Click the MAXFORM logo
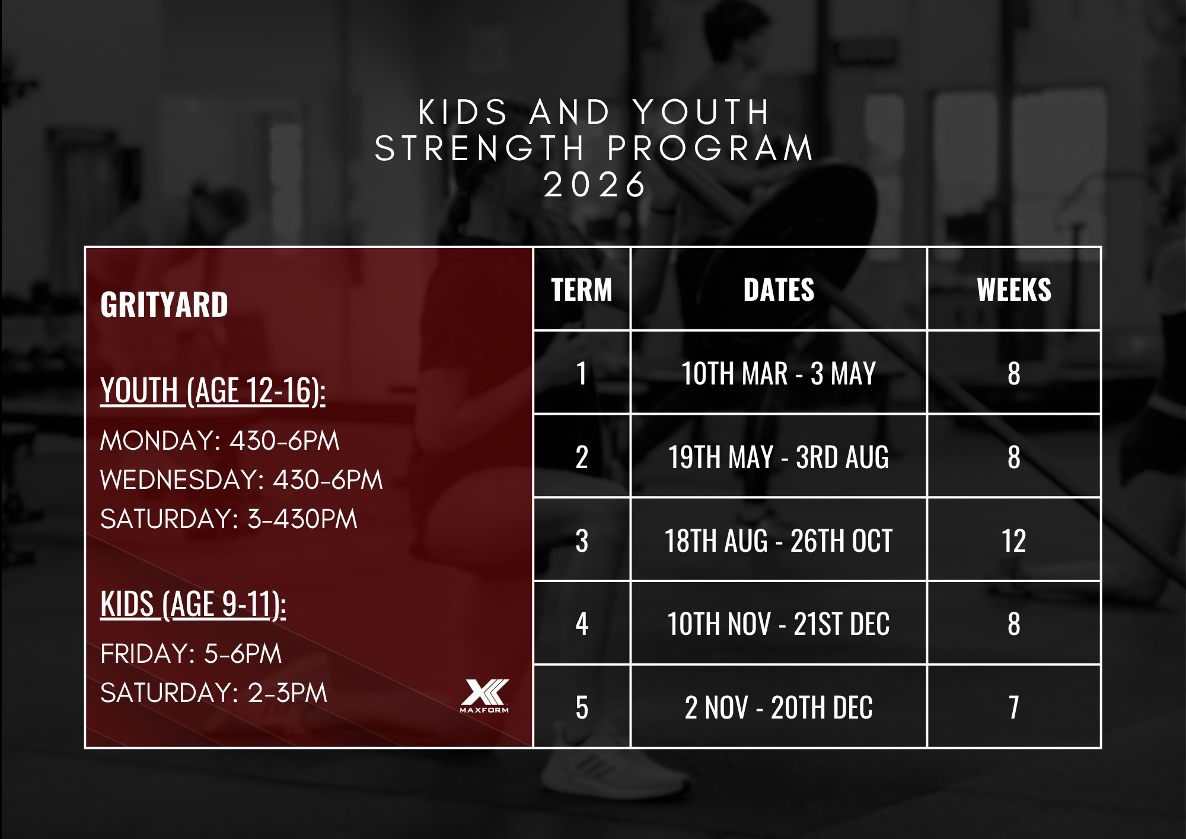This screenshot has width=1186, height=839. [484, 695]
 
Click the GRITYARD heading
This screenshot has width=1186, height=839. [164, 304]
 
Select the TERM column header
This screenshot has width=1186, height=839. [582, 290]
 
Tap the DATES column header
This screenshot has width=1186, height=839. [779, 290]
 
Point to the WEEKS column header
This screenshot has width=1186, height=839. [1014, 290]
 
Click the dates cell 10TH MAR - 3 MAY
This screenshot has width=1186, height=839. [779, 373]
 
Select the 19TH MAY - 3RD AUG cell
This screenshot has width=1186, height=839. [779, 457]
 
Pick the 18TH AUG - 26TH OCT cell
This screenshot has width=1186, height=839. [779, 541]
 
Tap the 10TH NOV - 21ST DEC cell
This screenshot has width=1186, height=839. [779, 624]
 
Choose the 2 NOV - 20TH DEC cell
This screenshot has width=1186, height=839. [779, 707]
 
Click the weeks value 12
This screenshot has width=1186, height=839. [1014, 541]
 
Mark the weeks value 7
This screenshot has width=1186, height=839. [1014, 707]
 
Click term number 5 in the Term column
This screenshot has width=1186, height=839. [582, 707]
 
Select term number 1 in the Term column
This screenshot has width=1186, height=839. [582, 373]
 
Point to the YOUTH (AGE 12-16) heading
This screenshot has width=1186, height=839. [213, 391]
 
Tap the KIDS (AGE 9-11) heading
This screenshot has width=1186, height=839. [193, 605]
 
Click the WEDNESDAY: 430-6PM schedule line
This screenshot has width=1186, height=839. [241, 480]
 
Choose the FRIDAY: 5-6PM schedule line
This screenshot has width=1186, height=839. [191, 654]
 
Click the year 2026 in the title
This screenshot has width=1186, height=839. [595, 185]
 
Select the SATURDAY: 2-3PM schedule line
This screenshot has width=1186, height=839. [213, 693]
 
